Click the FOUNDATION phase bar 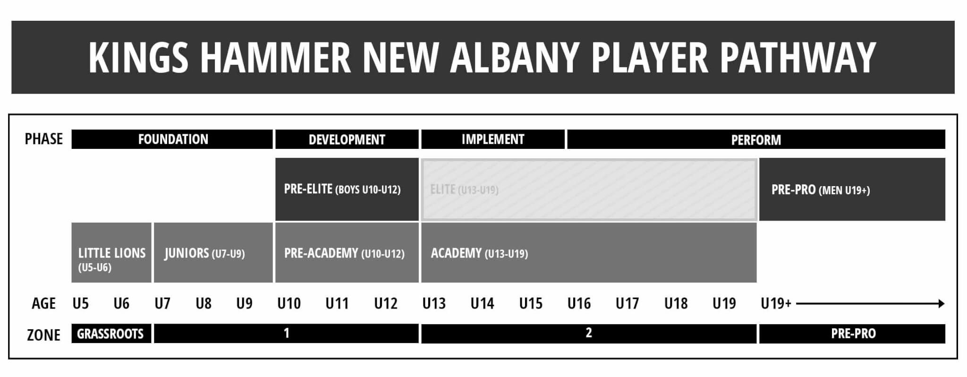[x=172, y=139]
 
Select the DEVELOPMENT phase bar [x=347, y=139]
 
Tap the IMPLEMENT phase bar [x=492, y=139]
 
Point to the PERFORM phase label [x=755, y=140]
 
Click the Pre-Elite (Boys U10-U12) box [x=347, y=189]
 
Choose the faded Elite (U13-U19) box [x=589, y=189]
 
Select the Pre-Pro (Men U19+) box [x=852, y=189]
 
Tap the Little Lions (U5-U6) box [x=111, y=253]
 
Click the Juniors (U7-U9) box [x=213, y=253]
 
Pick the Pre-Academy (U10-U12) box [x=347, y=253]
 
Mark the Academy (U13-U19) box [x=589, y=253]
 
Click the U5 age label [x=81, y=303]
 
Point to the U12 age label [x=386, y=303]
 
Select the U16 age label [x=579, y=303]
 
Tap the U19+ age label [x=776, y=303]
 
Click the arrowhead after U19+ [x=941, y=303]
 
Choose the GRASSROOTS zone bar [x=110, y=334]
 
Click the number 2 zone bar [x=588, y=334]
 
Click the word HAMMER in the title [x=275, y=57]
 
